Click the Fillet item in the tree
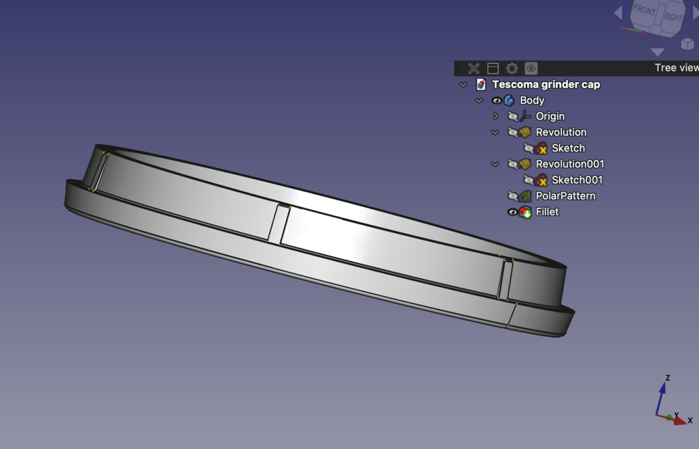click(547, 212)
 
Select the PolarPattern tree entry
click(565, 196)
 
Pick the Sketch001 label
click(577, 180)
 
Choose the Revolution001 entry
click(570, 164)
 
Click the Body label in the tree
click(532, 100)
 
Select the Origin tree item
click(550, 116)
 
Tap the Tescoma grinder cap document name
click(546, 84)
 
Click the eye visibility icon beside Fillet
click(513, 212)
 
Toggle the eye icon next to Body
click(497, 100)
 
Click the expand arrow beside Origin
click(496, 116)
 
